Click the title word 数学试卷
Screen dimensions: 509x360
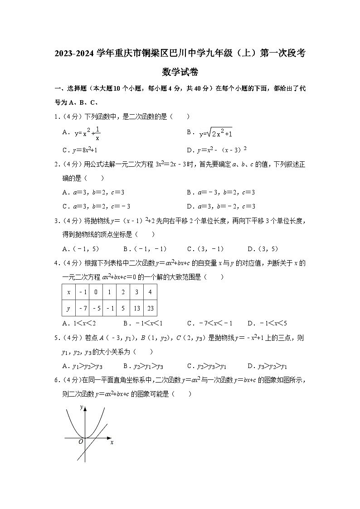pos(180,72)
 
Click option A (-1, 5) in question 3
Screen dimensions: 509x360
pos(81,249)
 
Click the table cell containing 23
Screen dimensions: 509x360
pos(150,308)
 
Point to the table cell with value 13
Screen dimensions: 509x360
pos(136,308)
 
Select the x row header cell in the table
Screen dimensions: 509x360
pos(68,292)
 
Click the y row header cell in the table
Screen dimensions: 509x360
pos(68,308)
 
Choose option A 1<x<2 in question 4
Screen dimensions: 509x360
pos(79,323)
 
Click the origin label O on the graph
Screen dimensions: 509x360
pos(81,441)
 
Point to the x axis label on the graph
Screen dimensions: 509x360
pos(112,442)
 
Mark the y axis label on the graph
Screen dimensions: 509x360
pos(81,407)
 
